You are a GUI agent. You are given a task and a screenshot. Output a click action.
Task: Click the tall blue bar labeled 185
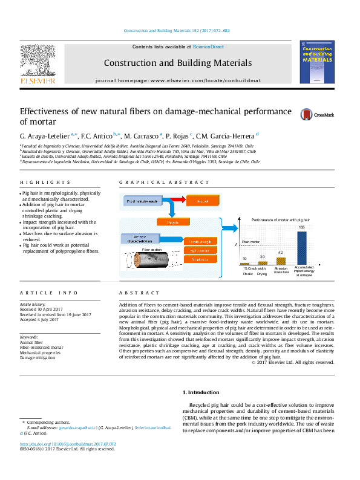301,248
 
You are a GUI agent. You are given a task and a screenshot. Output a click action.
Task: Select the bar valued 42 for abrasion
280,261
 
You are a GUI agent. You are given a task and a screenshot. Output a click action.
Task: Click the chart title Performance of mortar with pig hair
281,220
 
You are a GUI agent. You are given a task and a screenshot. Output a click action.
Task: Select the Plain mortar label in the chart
251,241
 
